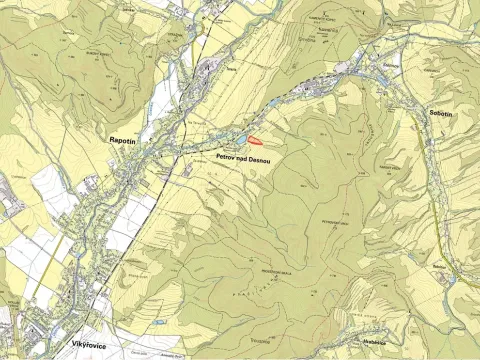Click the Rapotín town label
122,143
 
